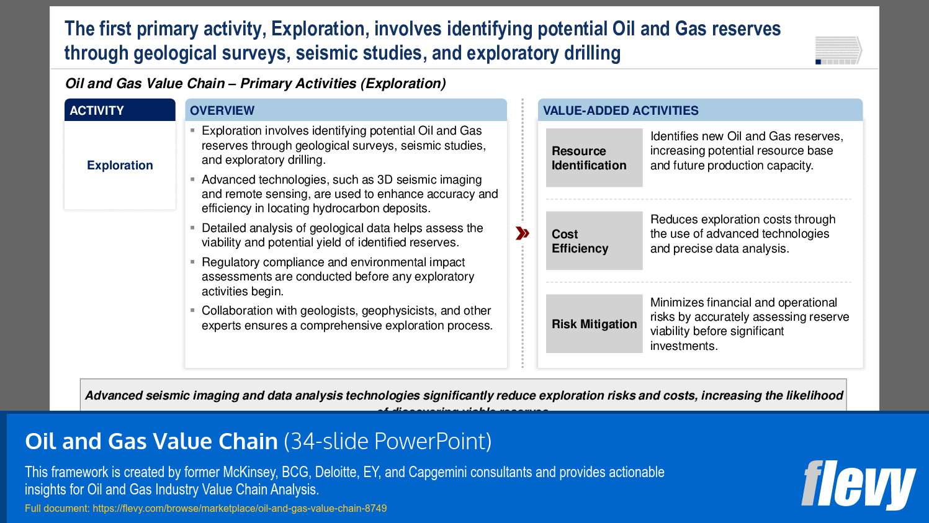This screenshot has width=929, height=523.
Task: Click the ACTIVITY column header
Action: tap(119, 110)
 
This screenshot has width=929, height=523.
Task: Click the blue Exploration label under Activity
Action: tap(120, 165)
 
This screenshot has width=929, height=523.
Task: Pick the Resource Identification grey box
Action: tap(594, 158)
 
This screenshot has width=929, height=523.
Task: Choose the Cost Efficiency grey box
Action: tap(594, 241)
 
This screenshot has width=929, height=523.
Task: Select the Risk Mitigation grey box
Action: tap(594, 324)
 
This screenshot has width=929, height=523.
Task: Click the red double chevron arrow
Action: tap(523, 233)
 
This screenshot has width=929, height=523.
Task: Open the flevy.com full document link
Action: tap(240, 508)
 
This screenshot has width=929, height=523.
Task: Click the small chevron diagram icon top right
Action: tap(838, 50)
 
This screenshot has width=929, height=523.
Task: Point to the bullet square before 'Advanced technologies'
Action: tap(192, 179)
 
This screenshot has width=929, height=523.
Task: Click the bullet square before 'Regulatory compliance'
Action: tap(192, 262)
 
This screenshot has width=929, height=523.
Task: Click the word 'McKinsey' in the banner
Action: tap(249, 472)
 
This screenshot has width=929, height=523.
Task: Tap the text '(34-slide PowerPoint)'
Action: tap(387, 441)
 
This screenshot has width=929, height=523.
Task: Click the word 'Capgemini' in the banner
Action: tap(438, 472)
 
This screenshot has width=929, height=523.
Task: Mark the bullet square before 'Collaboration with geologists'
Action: tap(192, 310)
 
